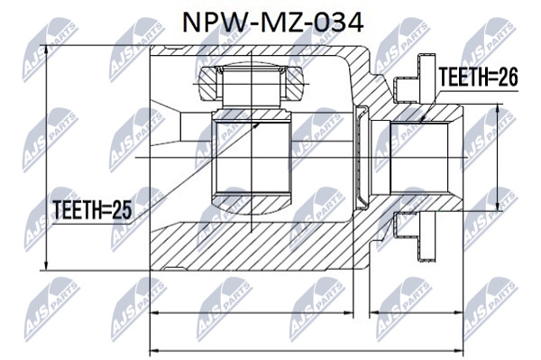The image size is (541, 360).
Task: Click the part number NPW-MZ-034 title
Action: click(272, 23)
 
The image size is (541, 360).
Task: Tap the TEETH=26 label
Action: click(478, 77)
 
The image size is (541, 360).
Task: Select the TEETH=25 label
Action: click(92, 210)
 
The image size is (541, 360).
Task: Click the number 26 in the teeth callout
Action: click(508, 77)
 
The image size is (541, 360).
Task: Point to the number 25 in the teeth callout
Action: click(122, 210)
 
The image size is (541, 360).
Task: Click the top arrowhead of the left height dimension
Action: click(46, 50)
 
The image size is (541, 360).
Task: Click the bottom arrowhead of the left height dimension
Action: click(46, 265)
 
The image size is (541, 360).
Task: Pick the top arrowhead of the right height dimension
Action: click(497, 108)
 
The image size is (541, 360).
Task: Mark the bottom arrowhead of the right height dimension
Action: click(497, 207)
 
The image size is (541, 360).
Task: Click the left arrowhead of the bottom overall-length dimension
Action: click(154, 352)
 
